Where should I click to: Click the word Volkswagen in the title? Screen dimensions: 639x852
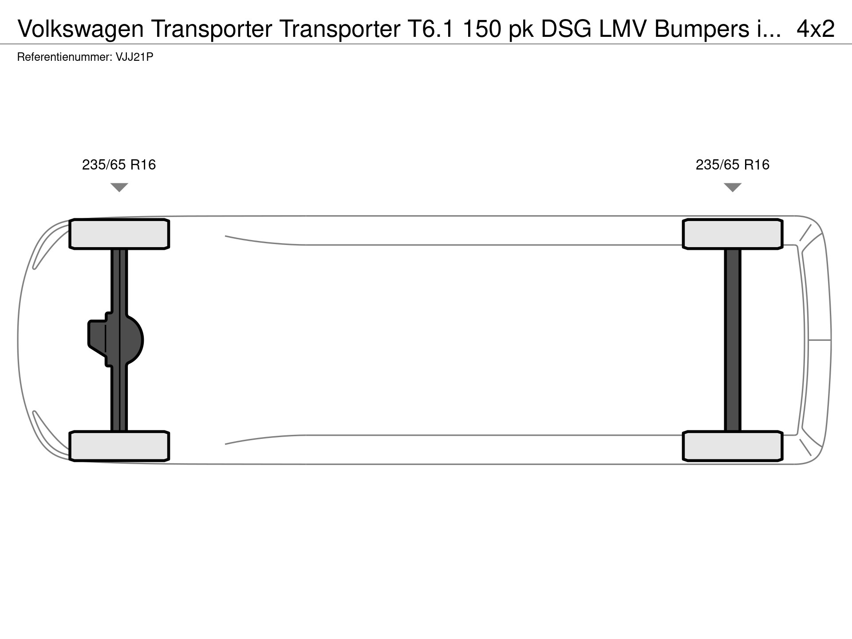(x=81, y=29)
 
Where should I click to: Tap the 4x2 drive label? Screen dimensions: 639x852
(x=816, y=29)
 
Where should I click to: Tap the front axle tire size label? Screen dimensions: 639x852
(x=119, y=165)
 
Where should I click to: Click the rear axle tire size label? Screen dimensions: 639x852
(x=732, y=165)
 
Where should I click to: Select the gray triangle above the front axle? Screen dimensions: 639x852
(x=119, y=187)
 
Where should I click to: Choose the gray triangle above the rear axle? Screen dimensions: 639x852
(x=732, y=187)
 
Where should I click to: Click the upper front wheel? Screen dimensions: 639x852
(x=119, y=234)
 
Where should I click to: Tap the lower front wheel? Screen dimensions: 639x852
(x=119, y=446)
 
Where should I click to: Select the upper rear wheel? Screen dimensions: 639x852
(x=732, y=234)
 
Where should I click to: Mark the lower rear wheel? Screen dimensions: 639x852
(x=732, y=446)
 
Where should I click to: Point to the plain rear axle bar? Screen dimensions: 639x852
(x=732, y=340)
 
